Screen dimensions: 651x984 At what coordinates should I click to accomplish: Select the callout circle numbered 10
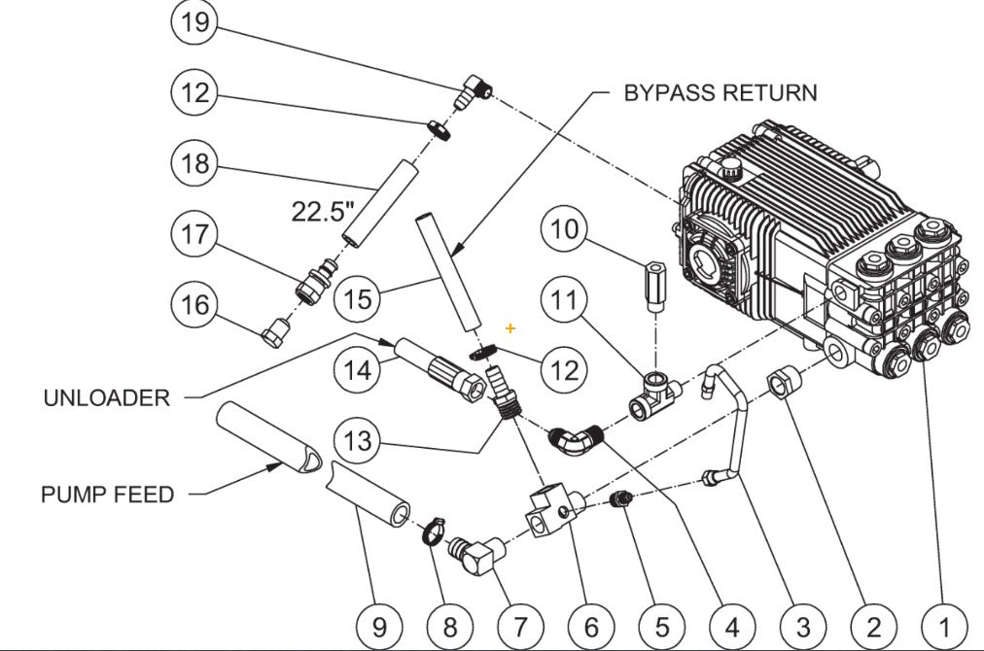coord(567,230)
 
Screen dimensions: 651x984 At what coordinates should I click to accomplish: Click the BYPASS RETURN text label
coord(720,92)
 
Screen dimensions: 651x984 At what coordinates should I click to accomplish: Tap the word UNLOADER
coord(107,398)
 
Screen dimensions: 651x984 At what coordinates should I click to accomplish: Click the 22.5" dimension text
coord(322,212)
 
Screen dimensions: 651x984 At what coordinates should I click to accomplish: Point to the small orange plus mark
coord(510,329)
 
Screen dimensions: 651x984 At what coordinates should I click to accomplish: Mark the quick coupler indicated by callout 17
coord(316,281)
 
